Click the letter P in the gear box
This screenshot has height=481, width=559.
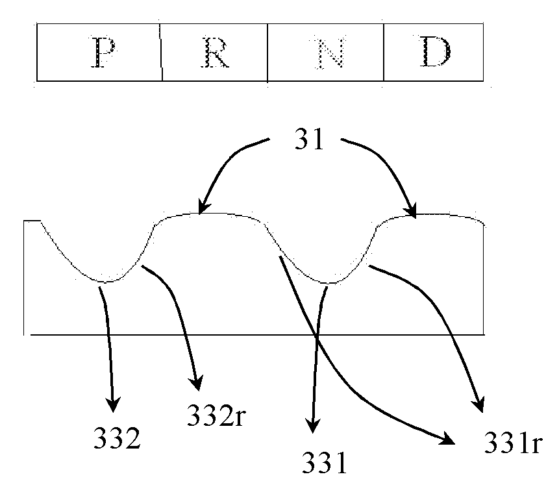click(103, 52)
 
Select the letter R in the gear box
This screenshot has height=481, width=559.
click(215, 52)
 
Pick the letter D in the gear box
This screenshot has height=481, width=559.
click(435, 52)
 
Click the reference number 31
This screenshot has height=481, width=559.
click(310, 139)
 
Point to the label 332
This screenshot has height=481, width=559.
click(117, 438)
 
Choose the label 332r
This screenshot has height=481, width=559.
click(216, 415)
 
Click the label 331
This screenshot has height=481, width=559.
click(325, 462)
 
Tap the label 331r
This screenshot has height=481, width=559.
click(514, 443)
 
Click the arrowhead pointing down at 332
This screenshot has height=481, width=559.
click(113, 404)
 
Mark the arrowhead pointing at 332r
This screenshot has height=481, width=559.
click(196, 383)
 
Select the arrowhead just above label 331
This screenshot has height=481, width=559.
click(313, 425)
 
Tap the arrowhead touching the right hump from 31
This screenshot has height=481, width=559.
click(412, 210)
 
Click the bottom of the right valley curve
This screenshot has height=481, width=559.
click(330, 283)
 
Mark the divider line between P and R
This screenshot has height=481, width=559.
click(161, 52)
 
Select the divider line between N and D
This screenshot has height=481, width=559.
click(384, 52)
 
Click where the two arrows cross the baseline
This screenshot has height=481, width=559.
click(317, 335)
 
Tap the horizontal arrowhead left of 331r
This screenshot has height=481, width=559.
click(448, 439)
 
